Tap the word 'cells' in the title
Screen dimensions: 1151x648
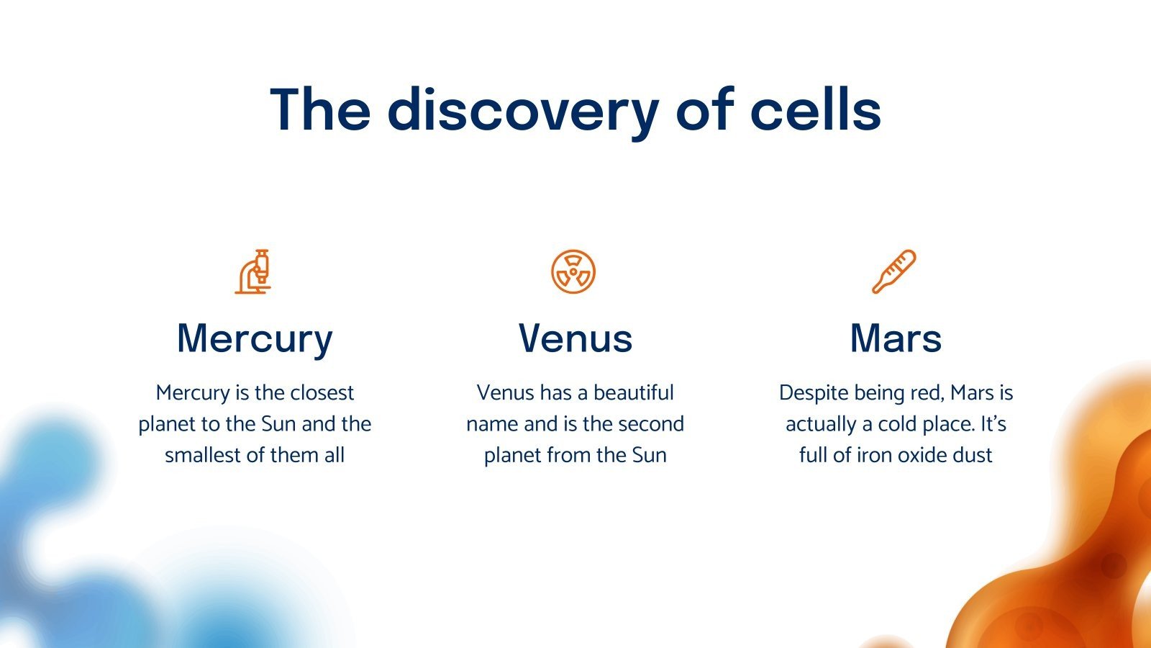point(816,109)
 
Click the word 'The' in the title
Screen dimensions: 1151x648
point(319,109)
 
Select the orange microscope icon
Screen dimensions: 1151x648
point(253,271)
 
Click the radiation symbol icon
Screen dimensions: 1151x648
point(573,271)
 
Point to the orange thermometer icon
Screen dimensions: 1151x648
point(894,271)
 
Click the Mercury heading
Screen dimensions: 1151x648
point(255,339)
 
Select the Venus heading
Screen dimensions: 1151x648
point(575,338)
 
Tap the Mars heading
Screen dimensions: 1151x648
point(896,338)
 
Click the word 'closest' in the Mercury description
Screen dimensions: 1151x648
point(322,393)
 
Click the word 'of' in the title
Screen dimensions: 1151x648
point(705,109)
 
